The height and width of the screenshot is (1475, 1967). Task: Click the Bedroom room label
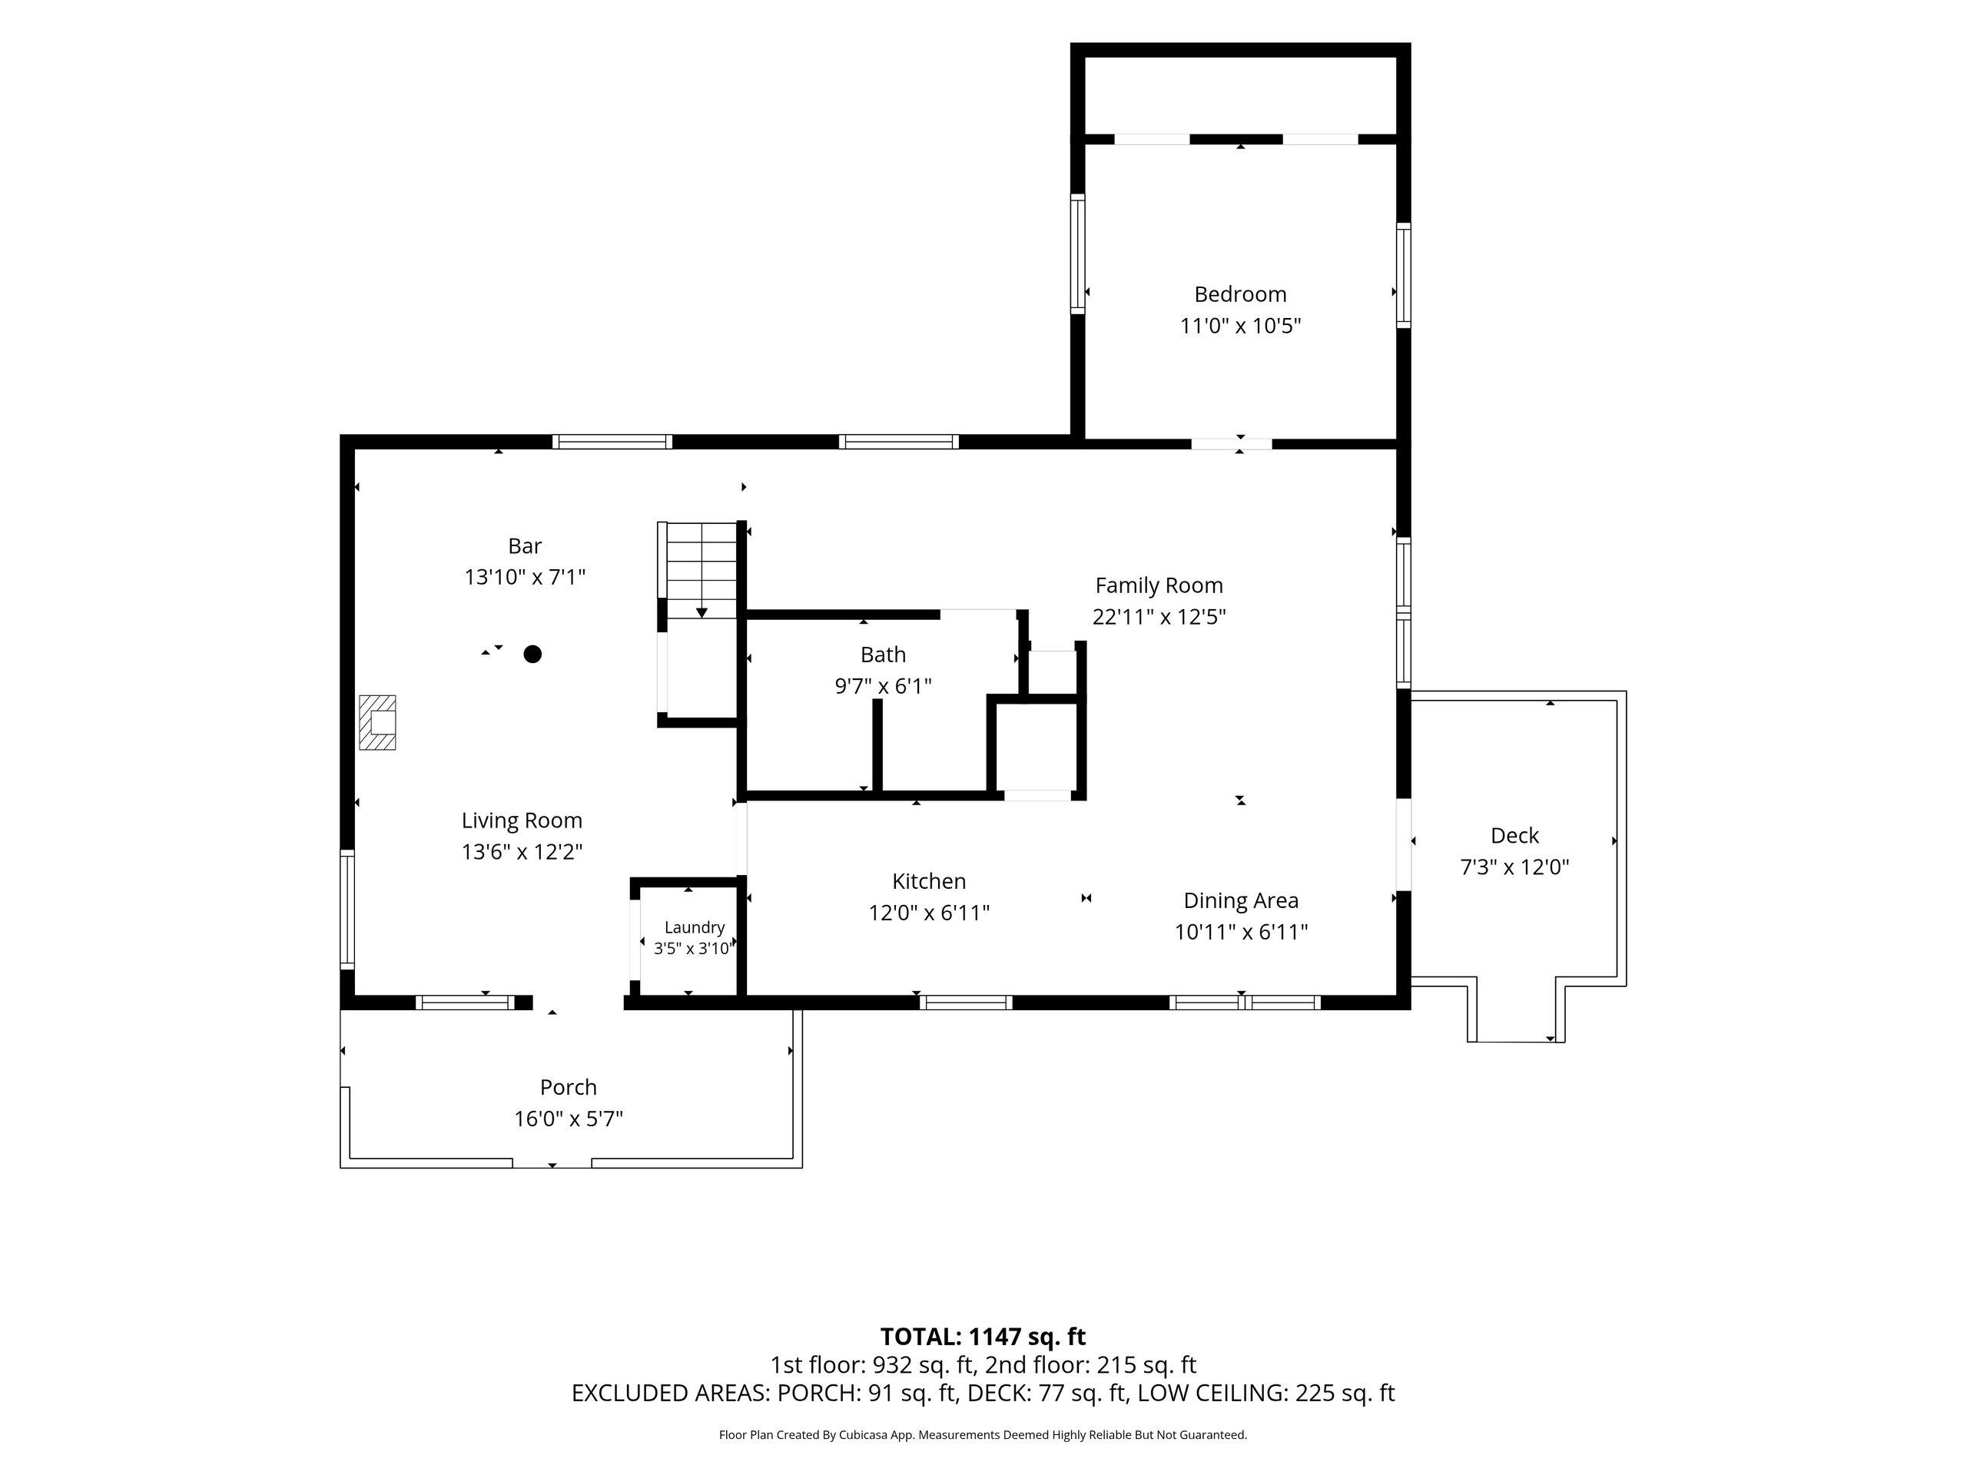tap(1239, 294)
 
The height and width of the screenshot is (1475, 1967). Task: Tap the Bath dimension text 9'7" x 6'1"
tap(883, 685)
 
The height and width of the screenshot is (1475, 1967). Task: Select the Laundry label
tap(695, 927)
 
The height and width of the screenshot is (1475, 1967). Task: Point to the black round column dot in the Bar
tap(532, 655)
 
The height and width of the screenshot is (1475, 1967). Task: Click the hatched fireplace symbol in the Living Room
tap(377, 722)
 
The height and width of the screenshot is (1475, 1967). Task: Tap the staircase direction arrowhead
tap(702, 612)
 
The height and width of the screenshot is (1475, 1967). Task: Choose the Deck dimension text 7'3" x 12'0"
tap(1514, 867)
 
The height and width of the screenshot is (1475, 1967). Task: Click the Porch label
tap(569, 1086)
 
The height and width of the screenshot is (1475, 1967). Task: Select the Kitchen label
tap(929, 881)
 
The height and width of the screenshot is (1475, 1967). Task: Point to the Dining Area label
tap(1240, 900)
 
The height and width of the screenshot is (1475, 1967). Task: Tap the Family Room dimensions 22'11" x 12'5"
tap(1159, 616)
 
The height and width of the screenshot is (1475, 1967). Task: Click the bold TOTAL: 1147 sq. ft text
tap(983, 1336)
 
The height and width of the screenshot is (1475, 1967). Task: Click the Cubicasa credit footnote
tap(983, 1435)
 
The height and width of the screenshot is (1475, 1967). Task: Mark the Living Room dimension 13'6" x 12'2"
tap(522, 852)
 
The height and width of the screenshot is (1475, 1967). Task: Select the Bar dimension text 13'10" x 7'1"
tap(525, 577)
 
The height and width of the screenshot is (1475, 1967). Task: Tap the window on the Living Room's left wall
tap(348, 909)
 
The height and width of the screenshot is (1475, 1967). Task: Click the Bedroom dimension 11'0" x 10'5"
tap(1239, 326)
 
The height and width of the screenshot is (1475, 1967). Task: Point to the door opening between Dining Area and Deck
tap(1403, 846)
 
